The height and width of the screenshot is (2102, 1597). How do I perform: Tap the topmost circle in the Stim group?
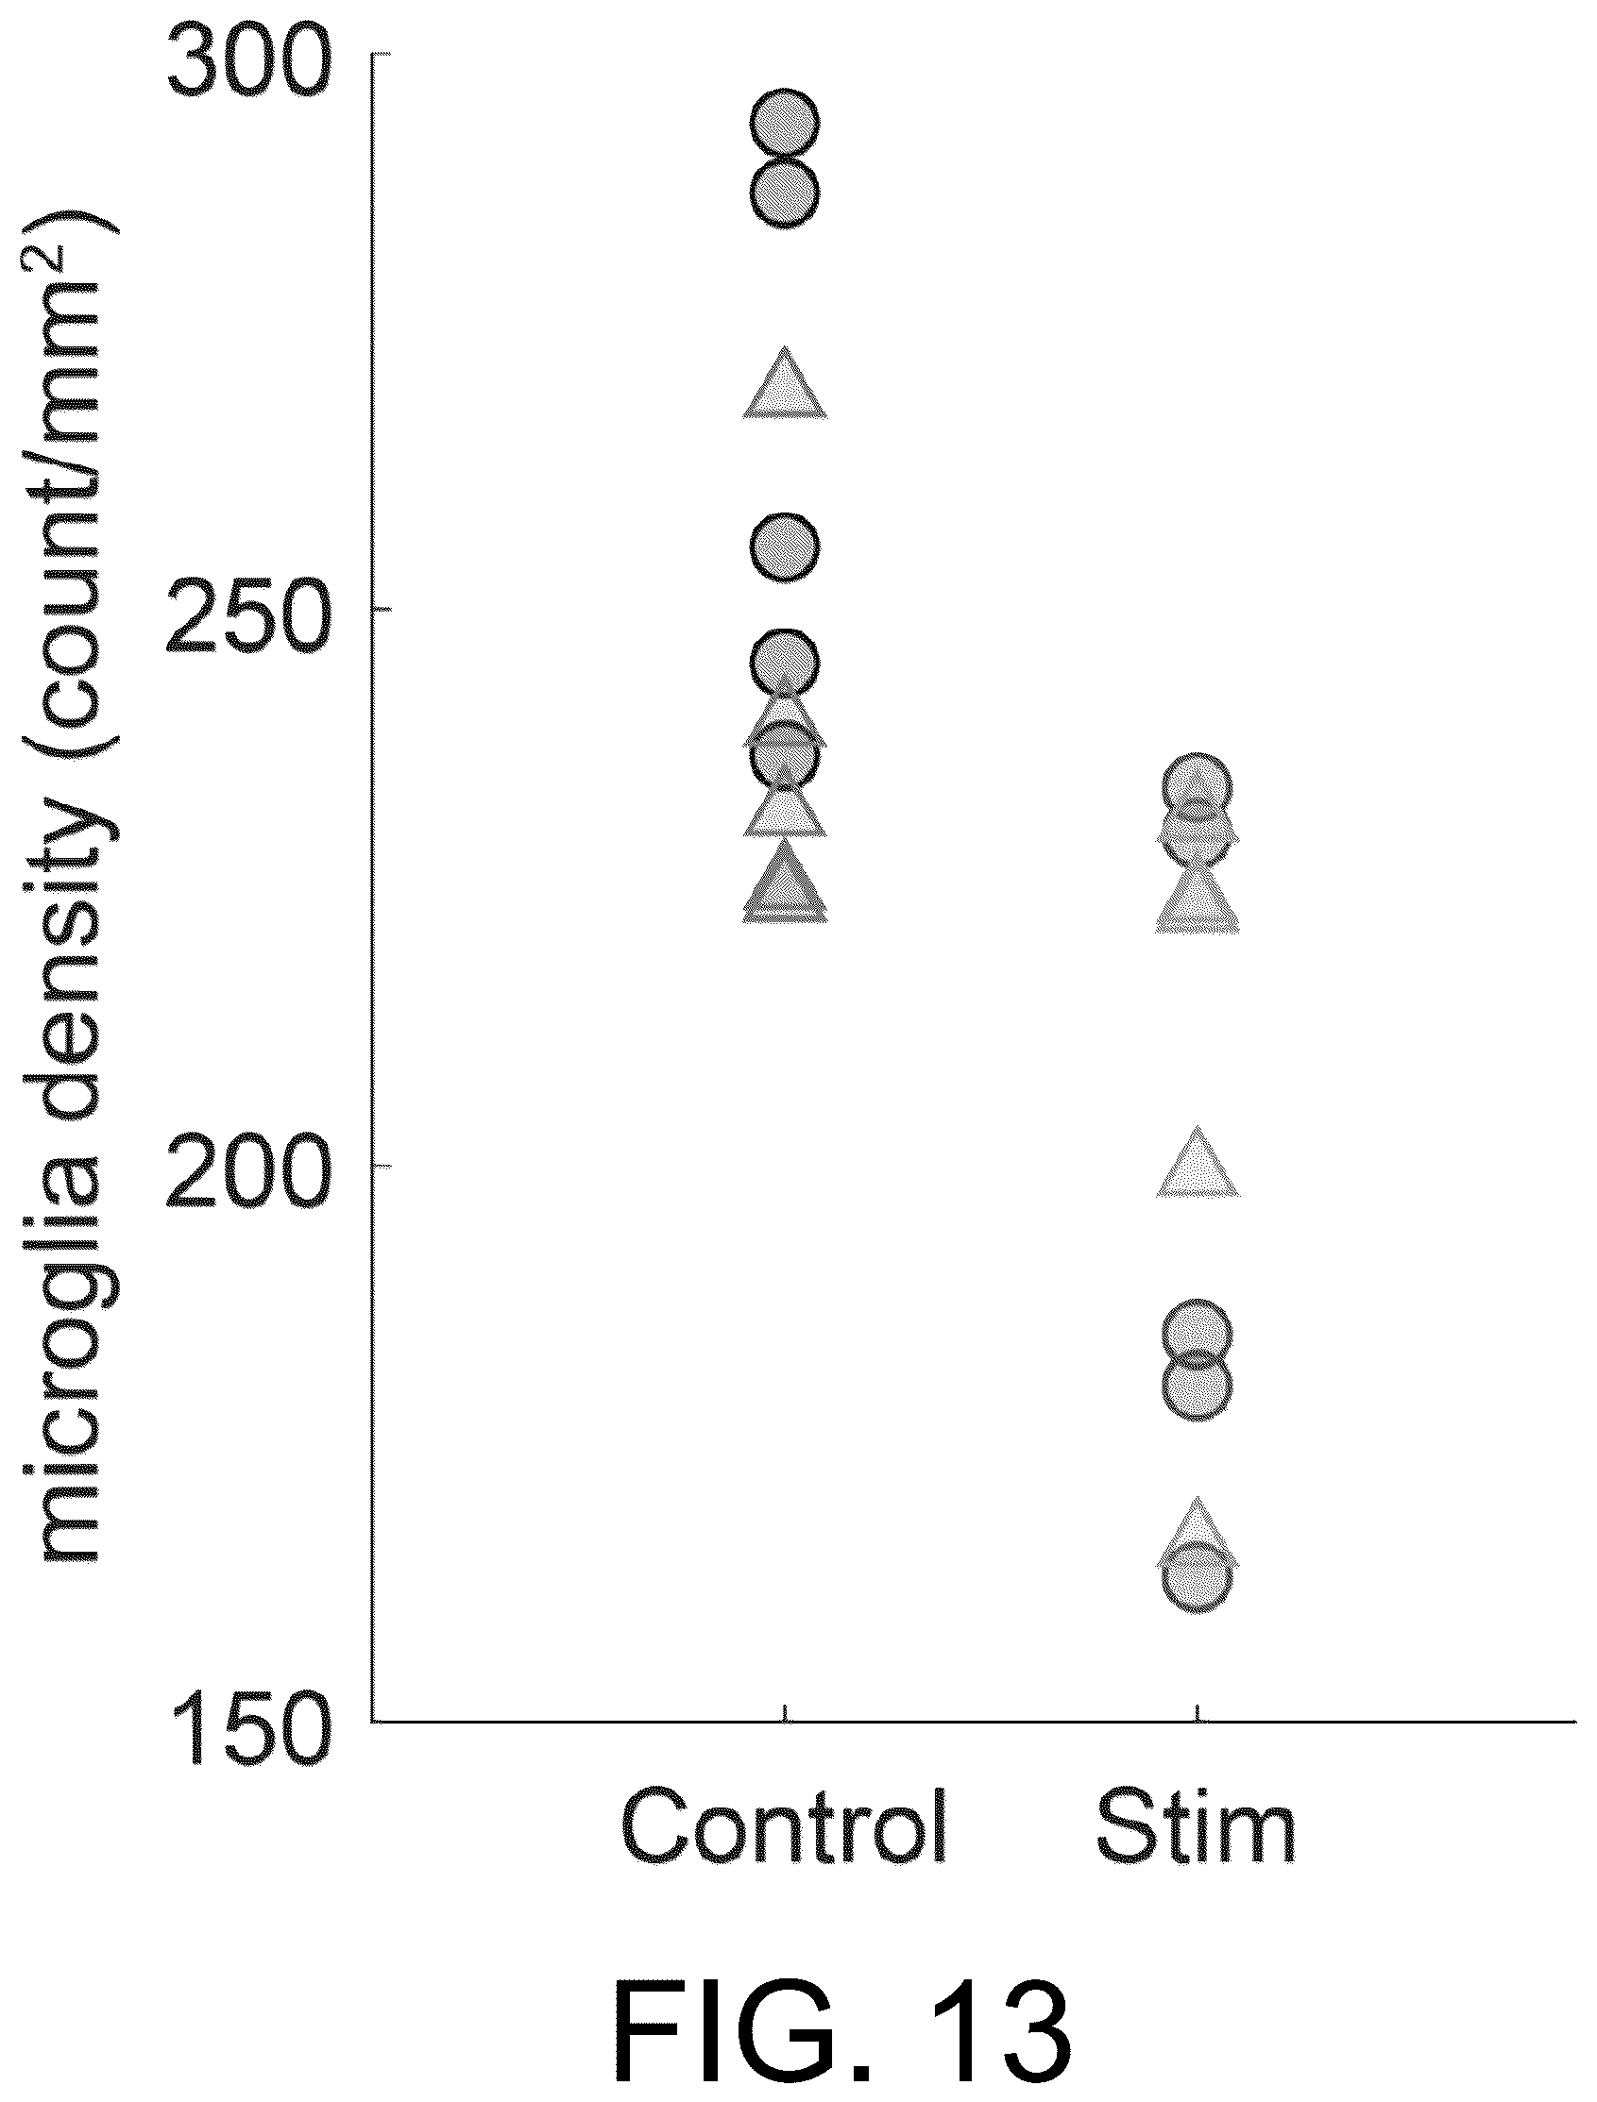(1198, 787)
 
